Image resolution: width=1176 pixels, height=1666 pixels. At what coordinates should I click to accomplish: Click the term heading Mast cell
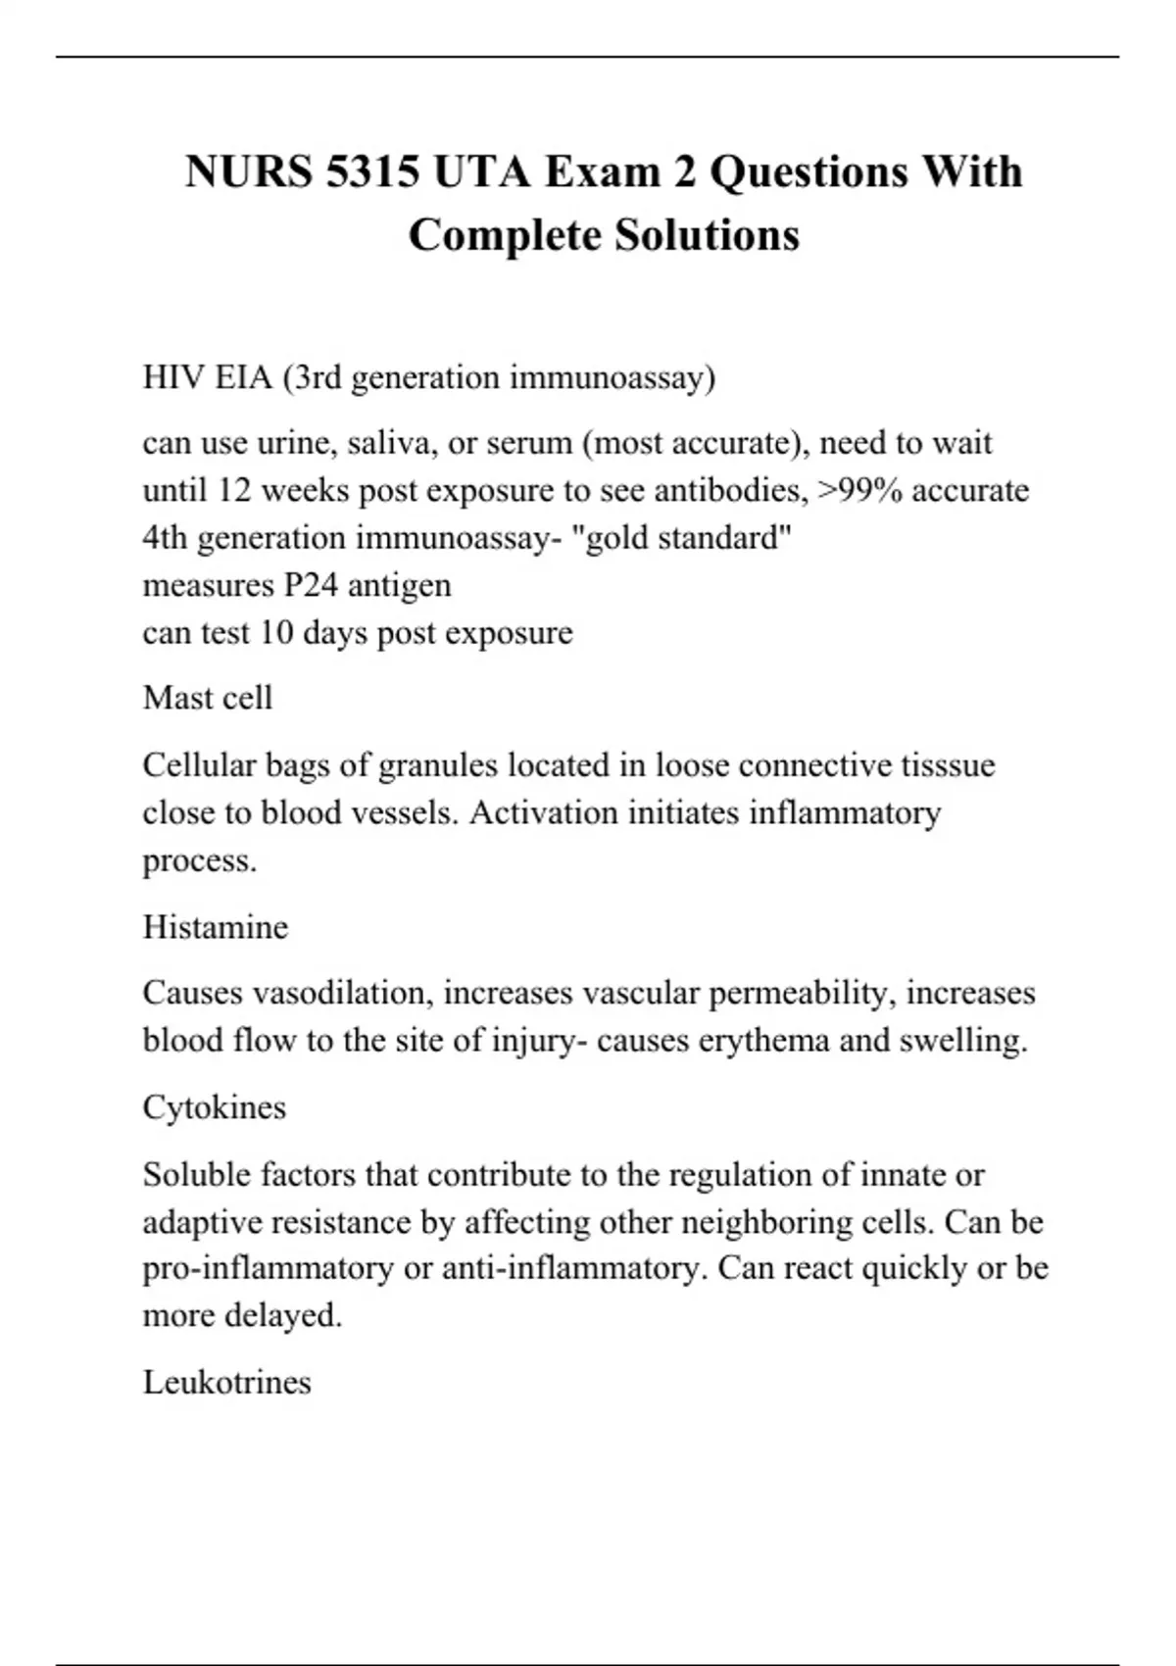click(208, 698)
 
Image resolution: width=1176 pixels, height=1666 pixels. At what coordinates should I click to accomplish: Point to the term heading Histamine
click(216, 927)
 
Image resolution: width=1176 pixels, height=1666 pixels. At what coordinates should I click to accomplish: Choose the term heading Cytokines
click(215, 1107)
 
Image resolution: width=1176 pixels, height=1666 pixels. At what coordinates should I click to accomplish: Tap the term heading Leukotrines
click(227, 1382)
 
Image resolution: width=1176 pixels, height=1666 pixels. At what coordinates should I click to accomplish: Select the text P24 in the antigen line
click(311, 585)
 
